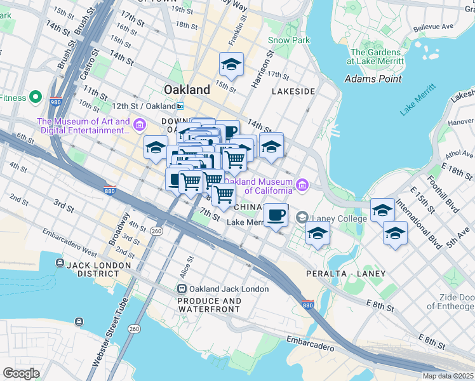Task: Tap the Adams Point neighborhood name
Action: click(373, 79)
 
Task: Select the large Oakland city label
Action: click(187, 90)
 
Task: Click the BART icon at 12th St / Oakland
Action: click(181, 106)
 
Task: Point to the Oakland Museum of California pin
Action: click(302, 185)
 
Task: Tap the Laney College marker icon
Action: click(302, 218)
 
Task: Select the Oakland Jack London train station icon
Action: click(182, 289)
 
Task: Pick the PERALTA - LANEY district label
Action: click(346, 273)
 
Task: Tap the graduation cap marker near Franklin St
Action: click(232, 64)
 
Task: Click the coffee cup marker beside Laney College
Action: click(275, 215)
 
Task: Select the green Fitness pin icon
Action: click(36, 98)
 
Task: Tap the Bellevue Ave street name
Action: click(433, 28)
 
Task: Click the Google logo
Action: click(20, 373)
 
